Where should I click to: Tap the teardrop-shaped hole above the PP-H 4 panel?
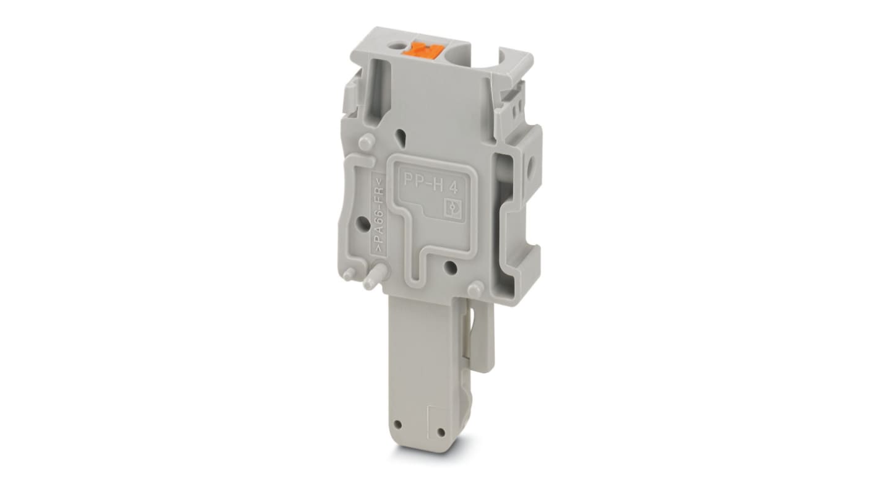[403, 134]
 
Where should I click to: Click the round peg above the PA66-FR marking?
[366, 141]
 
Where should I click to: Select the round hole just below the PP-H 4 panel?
[451, 267]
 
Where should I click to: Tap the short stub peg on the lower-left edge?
[350, 273]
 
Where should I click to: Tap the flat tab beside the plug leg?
[487, 334]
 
